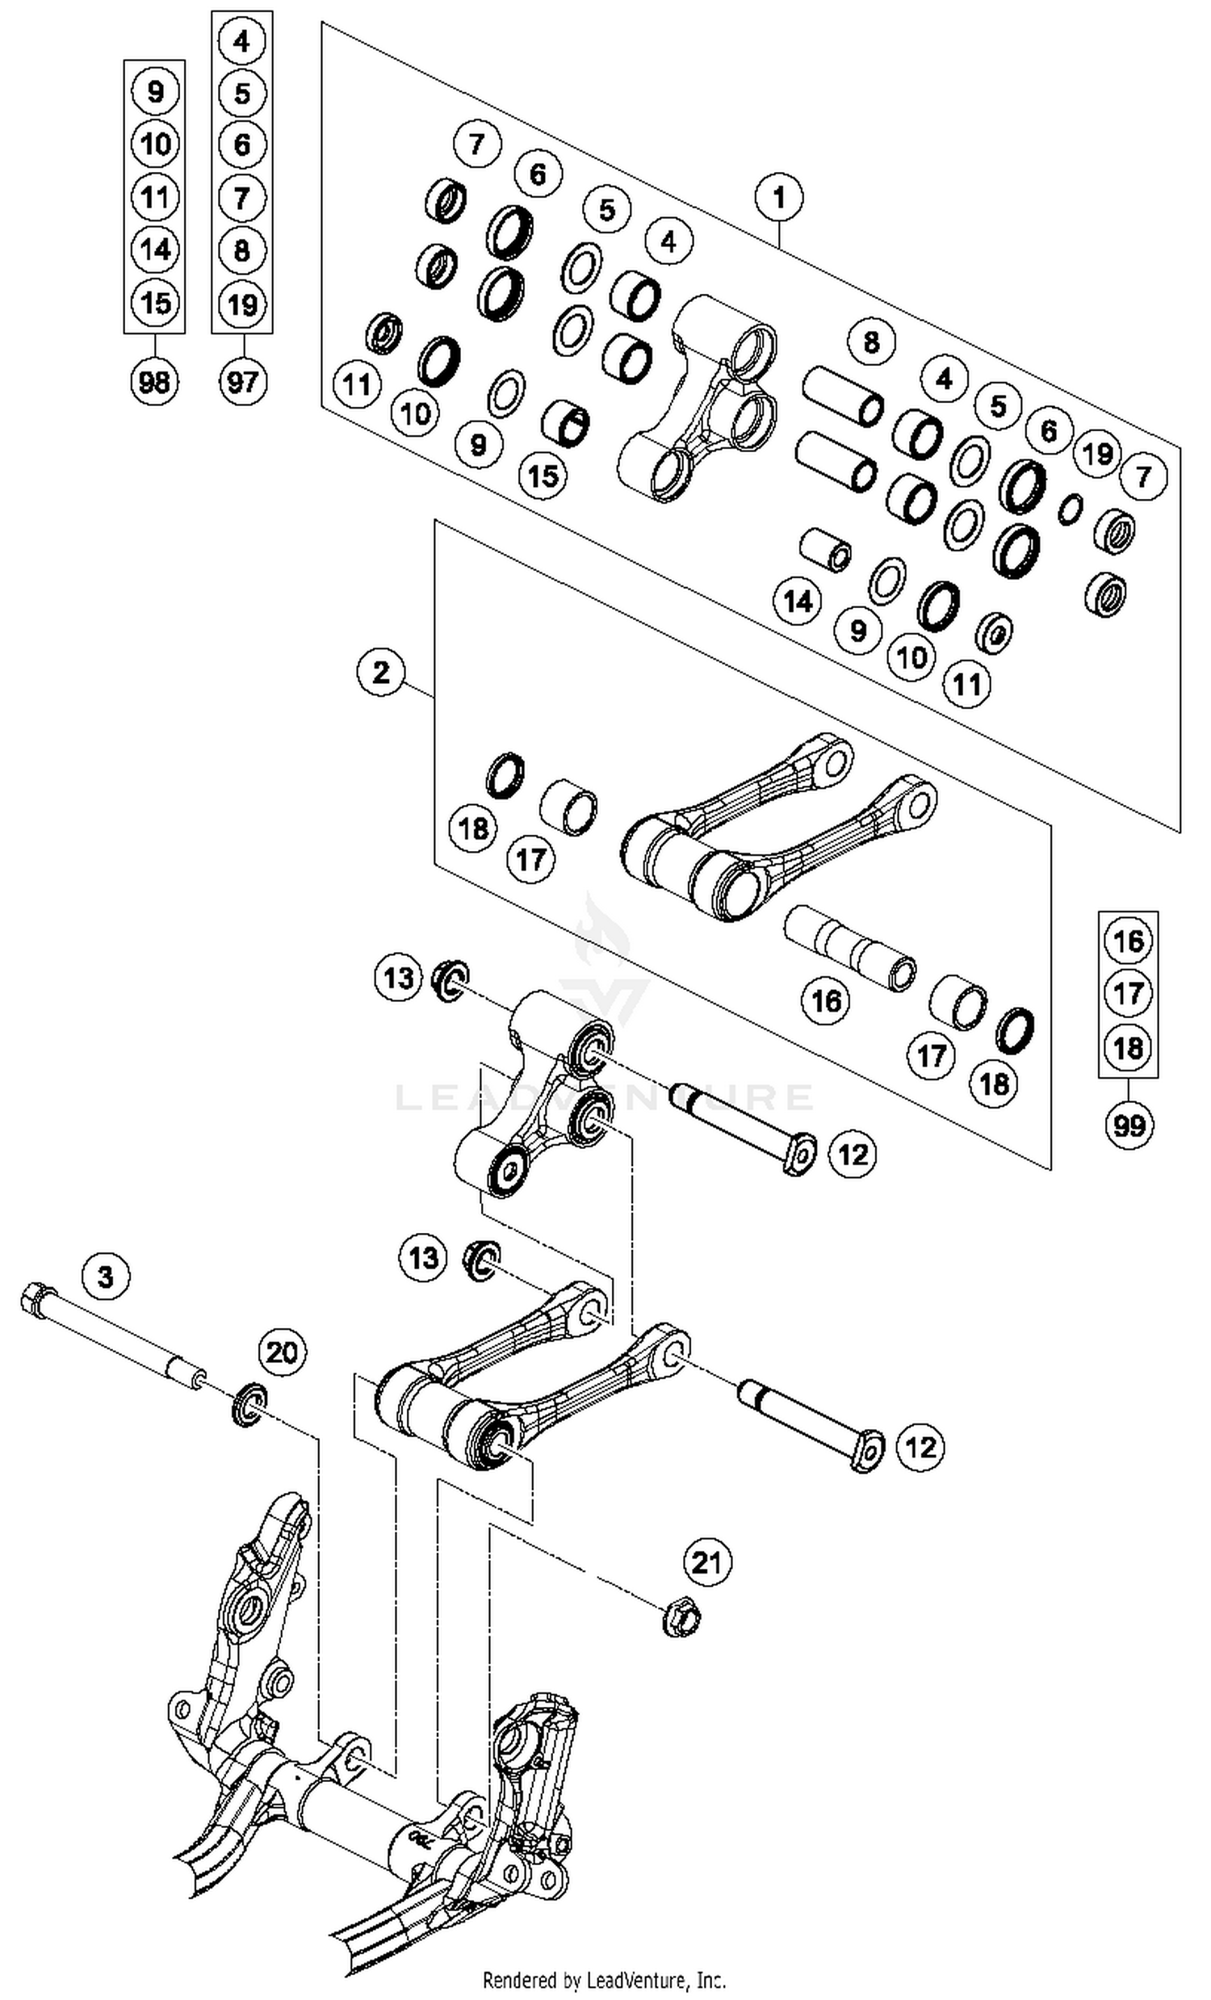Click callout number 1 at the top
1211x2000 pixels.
[778, 197]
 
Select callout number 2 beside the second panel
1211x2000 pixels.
[381, 672]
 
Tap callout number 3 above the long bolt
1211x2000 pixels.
[107, 1277]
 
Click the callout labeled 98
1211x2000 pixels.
[154, 379]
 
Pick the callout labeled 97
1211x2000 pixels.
[242, 379]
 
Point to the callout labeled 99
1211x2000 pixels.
[1129, 1125]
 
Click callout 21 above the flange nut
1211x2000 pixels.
[706, 1561]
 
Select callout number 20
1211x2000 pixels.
[283, 1352]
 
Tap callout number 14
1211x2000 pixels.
[797, 602]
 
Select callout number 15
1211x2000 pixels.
[543, 476]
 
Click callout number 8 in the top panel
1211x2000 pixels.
[871, 342]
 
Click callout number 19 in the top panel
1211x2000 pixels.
[1097, 453]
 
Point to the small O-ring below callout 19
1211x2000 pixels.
[1071, 508]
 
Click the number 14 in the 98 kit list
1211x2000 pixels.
[154, 249]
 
